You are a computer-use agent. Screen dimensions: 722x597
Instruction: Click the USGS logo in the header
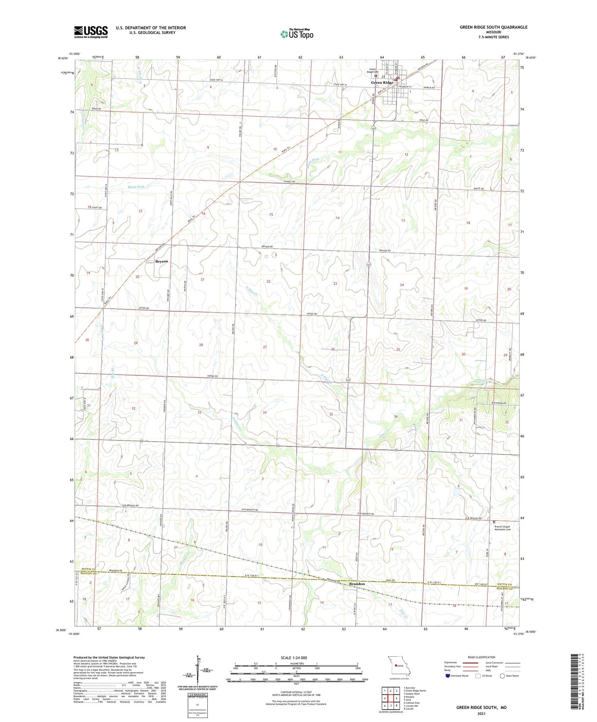[91, 32]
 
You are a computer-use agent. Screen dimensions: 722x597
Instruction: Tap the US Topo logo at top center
[297, 34]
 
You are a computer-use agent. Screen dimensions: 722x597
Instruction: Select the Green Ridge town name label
[382, 83]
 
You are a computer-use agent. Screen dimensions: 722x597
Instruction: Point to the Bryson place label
[162, 262]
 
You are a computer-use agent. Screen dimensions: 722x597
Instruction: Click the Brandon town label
[357, 584]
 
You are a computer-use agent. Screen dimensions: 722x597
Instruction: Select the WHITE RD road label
[479, 189]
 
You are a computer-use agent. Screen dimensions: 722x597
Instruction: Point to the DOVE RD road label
[424, 121]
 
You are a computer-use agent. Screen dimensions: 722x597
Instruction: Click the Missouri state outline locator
[398, 666]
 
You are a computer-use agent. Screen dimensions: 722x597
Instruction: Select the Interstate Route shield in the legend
[448, 676]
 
